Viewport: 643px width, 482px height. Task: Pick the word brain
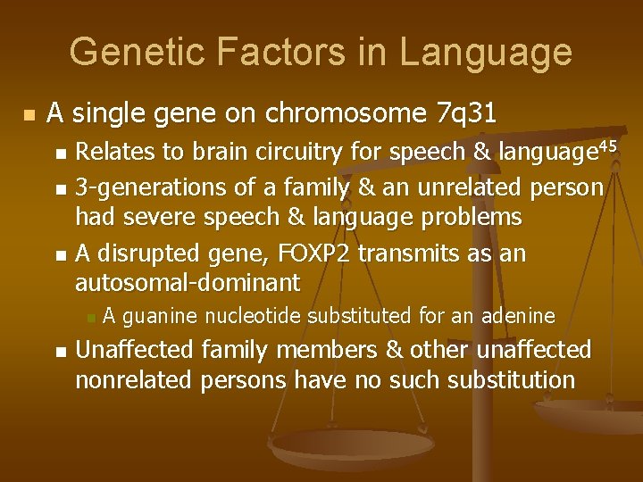(188, 153)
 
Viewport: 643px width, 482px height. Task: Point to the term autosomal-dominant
(188, 283)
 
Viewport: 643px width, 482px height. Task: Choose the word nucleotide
(255, 314)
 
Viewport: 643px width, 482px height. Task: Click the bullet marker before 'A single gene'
(30, 115)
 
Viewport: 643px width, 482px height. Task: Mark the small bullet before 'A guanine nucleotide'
(88, 315)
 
